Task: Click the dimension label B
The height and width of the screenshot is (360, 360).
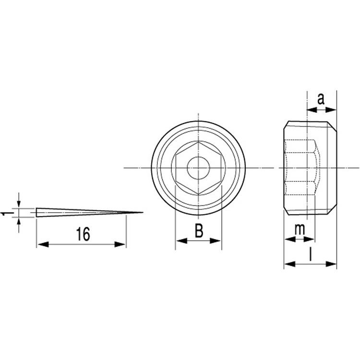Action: click(x=199, y=231)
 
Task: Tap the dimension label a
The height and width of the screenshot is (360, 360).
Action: click(x=321, y=99)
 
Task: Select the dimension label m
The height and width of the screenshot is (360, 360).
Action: click(x=300, y=229)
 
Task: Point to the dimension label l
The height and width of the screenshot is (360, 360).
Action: click(x=311, y=254)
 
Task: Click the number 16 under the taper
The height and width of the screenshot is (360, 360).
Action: click(x=83, y=234)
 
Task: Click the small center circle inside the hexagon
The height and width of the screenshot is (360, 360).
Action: click(x=198, y=168)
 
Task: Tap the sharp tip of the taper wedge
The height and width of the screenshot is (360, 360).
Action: click(x=143, y=212)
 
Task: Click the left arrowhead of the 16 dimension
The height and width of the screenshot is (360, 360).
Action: click(x=43, y=244)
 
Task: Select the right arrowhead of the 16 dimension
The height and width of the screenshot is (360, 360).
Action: click(x=120, y=244)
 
